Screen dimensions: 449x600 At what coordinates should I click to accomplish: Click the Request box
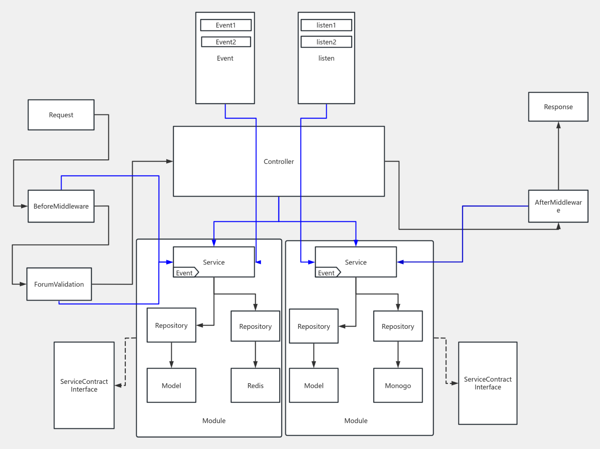[61, 115]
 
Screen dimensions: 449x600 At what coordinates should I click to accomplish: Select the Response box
[558, 107]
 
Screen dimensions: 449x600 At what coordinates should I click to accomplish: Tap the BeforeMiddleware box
[61, 206]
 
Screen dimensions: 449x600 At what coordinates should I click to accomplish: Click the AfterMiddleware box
[558, 206]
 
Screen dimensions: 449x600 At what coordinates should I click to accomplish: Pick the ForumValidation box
[59, 284]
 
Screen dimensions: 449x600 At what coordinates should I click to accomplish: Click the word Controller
[279, 162]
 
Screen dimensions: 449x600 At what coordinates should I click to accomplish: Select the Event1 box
[226, 25]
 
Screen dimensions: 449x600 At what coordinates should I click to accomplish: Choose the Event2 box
[226, 42]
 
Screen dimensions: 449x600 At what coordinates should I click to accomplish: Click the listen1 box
[326, 25]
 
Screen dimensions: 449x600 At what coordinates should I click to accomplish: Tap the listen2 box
[326, 42]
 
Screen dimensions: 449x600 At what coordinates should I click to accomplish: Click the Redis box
[255, 385]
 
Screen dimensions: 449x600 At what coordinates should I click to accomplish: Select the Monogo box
[398, 385]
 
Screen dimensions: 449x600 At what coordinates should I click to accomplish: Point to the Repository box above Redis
[255, 326]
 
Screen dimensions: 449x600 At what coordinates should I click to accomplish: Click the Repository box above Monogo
[398, 326]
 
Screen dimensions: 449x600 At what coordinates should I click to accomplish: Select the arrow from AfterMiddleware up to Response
[558, 157]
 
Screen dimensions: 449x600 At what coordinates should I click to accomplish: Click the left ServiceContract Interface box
[84, 385]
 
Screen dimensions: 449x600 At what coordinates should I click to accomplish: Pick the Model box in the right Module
[314, 385]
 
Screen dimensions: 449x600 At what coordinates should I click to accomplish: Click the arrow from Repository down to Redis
[255, 355]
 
